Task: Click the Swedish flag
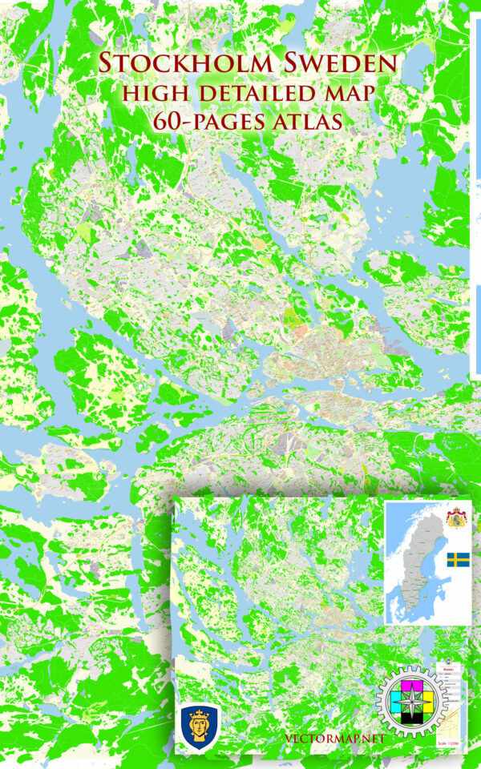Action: [x=458, y=560]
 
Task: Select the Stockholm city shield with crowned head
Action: [x=196, y=725]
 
